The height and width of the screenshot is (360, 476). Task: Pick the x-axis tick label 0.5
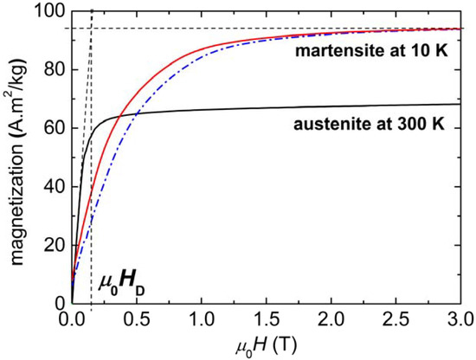click(x=138, y=320)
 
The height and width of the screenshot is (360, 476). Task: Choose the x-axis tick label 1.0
click(x=205, y=320)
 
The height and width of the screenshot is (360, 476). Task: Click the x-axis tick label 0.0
click(x=72, y=320)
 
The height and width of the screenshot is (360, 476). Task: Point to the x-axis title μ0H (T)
click(x=269, y=347)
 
